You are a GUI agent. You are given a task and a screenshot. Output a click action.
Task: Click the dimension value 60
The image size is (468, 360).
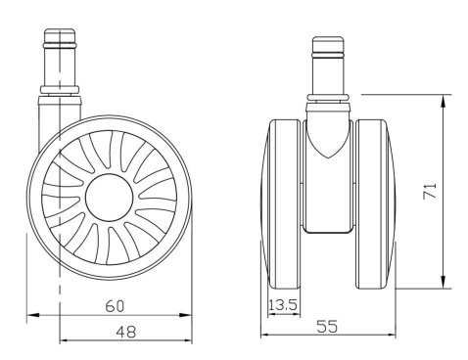click(115, 306)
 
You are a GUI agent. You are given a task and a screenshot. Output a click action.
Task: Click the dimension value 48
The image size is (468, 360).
click(126, 333)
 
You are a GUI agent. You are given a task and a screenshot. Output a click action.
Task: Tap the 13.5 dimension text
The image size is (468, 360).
click(283, 305)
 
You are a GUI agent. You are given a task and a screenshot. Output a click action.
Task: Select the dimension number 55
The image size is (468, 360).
click(327, 327)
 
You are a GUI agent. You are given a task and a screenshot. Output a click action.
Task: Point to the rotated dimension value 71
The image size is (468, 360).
click(430, 191)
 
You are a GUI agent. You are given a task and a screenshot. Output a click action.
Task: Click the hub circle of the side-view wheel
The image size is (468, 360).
click(110, 198)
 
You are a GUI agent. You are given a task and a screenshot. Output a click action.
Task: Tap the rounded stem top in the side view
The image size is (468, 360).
click(60, 35)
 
